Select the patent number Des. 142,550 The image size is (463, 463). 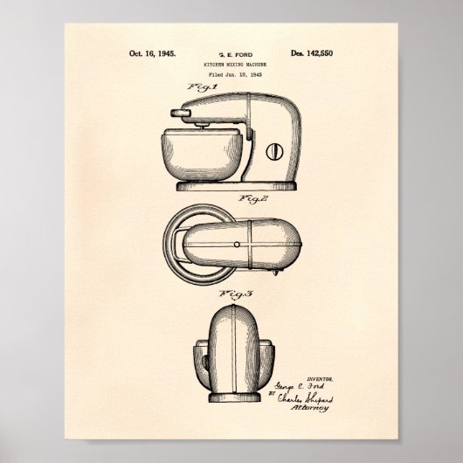click(310, 53)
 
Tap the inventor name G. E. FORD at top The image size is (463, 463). click(231, 54)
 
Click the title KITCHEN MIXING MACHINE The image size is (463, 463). click(231, 66)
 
